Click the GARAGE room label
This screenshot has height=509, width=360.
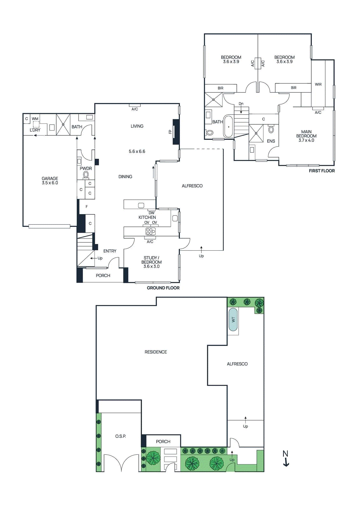pos(50,180)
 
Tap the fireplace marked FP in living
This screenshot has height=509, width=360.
pos(176,132)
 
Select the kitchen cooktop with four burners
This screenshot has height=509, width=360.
pos(151,231)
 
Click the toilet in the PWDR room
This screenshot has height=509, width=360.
pos(86,175)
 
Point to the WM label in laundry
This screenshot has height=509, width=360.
pos(35,119)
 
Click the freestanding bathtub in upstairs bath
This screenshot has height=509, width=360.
pos(228,127)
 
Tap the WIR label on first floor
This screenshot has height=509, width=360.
pos(318,84)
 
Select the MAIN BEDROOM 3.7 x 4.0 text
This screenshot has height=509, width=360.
pos(306,136)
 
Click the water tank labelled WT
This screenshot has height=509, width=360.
pos(233,319)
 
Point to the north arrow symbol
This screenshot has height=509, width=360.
pos(286,458)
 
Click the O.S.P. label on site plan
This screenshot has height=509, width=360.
pos(120,436)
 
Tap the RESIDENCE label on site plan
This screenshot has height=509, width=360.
pos(156,352)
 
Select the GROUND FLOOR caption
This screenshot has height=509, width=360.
pos(163,288)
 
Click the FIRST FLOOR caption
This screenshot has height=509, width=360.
pos(321,171)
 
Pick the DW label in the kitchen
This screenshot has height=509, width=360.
pos(152,213)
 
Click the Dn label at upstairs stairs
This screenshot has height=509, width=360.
pos(241,104)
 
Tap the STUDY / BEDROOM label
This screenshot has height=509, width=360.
pos(152,262)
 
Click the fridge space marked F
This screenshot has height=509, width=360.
pos(87,207)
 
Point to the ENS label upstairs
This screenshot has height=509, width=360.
pos(271,141)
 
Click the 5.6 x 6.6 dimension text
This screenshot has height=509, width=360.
pos(137,151)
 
